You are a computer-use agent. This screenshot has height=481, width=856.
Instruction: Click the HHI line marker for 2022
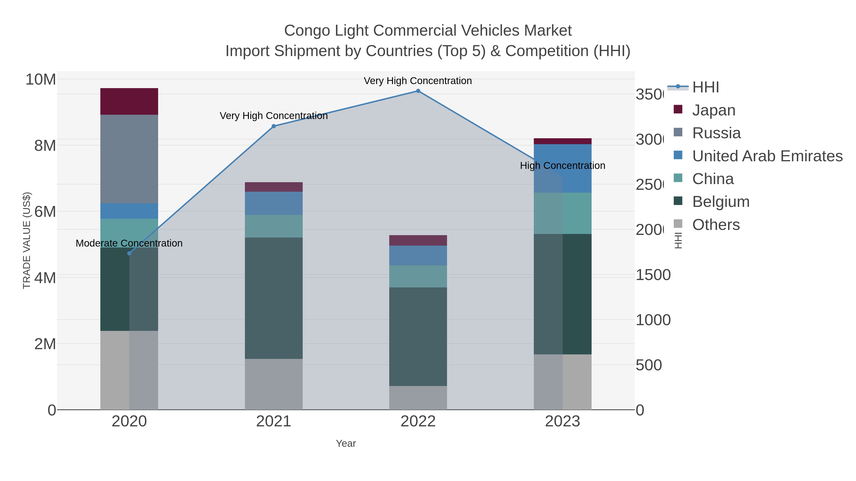pos(418,91)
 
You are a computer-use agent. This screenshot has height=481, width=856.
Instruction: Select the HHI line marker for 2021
pos(273,126)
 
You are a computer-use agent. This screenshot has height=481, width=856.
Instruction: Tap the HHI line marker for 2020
pos(129,253)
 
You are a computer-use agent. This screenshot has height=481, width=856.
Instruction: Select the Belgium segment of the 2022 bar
pos(418,336)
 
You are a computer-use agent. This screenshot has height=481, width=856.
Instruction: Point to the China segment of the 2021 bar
pos(273,226)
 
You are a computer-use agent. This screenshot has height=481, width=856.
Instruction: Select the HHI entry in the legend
pos(705,87)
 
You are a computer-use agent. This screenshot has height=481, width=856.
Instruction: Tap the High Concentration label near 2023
pos(562,166)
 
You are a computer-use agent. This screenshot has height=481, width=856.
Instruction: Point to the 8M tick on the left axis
pos(45,145)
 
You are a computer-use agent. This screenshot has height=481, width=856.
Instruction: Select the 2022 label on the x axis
pos(418,422)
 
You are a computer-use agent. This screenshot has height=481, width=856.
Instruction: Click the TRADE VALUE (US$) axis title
pos(27,240)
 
